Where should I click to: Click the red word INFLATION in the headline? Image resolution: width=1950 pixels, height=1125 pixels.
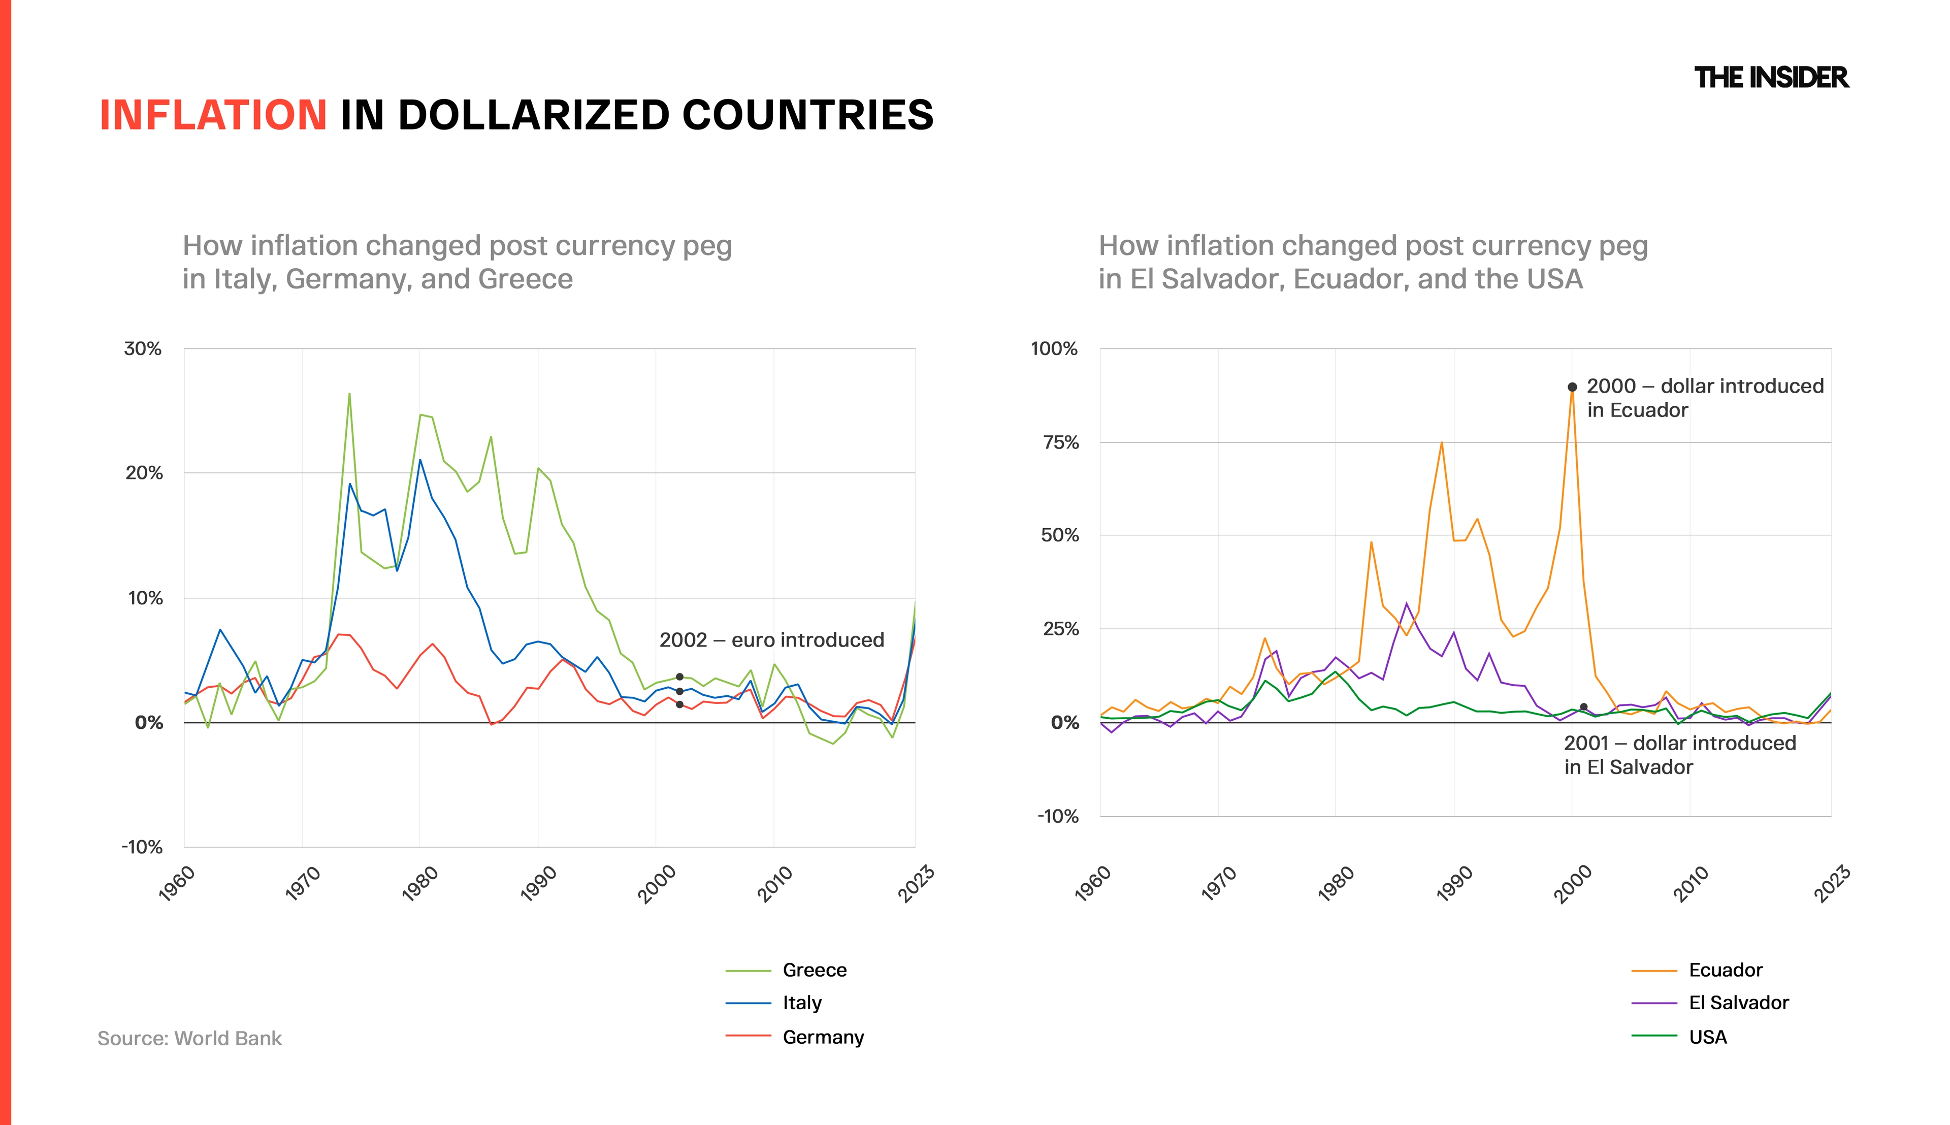213,115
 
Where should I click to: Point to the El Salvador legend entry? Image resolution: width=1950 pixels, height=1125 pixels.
1710,1003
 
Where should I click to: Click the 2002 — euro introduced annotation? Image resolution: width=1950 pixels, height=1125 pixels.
771,640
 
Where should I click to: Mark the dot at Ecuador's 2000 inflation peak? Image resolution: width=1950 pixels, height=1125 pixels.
1572,387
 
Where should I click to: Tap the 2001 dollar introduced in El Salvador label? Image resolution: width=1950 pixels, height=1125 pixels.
1680,755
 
